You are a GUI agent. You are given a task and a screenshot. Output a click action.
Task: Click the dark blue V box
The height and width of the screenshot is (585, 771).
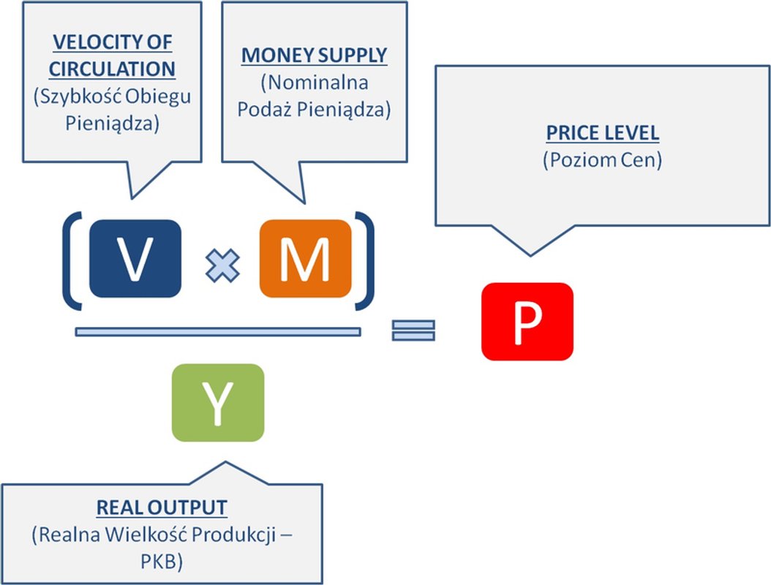click(x=135, y=258)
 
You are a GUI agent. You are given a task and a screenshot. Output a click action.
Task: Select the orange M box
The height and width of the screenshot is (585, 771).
click(x=305, y=258)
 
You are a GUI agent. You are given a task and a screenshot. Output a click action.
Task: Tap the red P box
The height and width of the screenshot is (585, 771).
click(x=527, y=322)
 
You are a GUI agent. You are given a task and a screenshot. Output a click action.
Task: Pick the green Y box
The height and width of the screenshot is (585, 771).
click(x=217, y=402)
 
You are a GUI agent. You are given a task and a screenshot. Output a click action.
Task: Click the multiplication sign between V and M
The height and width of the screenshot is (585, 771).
click(x=222, y=264)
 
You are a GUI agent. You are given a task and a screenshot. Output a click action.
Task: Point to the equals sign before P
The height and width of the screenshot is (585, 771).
click(x=413, y=330)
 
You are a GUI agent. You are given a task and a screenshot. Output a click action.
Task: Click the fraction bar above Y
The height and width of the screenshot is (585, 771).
click(x=217, y=332)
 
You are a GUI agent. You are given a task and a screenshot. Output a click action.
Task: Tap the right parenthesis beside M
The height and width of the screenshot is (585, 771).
click(x=364, y=260)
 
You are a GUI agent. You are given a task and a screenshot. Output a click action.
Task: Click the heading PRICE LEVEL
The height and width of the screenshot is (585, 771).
click(x=602, y=134)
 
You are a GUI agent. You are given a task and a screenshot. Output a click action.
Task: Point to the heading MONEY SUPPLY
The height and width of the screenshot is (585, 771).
click(x=315, y=56)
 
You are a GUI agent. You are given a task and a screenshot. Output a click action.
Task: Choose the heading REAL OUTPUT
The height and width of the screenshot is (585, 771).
click(x=162, y=507)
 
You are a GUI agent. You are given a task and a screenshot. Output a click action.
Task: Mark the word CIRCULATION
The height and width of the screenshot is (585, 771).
click(x=112, y=69)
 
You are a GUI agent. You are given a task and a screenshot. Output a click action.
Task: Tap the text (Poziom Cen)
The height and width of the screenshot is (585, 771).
click(x=602, y=160)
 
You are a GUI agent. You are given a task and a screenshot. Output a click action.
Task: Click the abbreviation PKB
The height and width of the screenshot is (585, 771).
click(x=162, y=560)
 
